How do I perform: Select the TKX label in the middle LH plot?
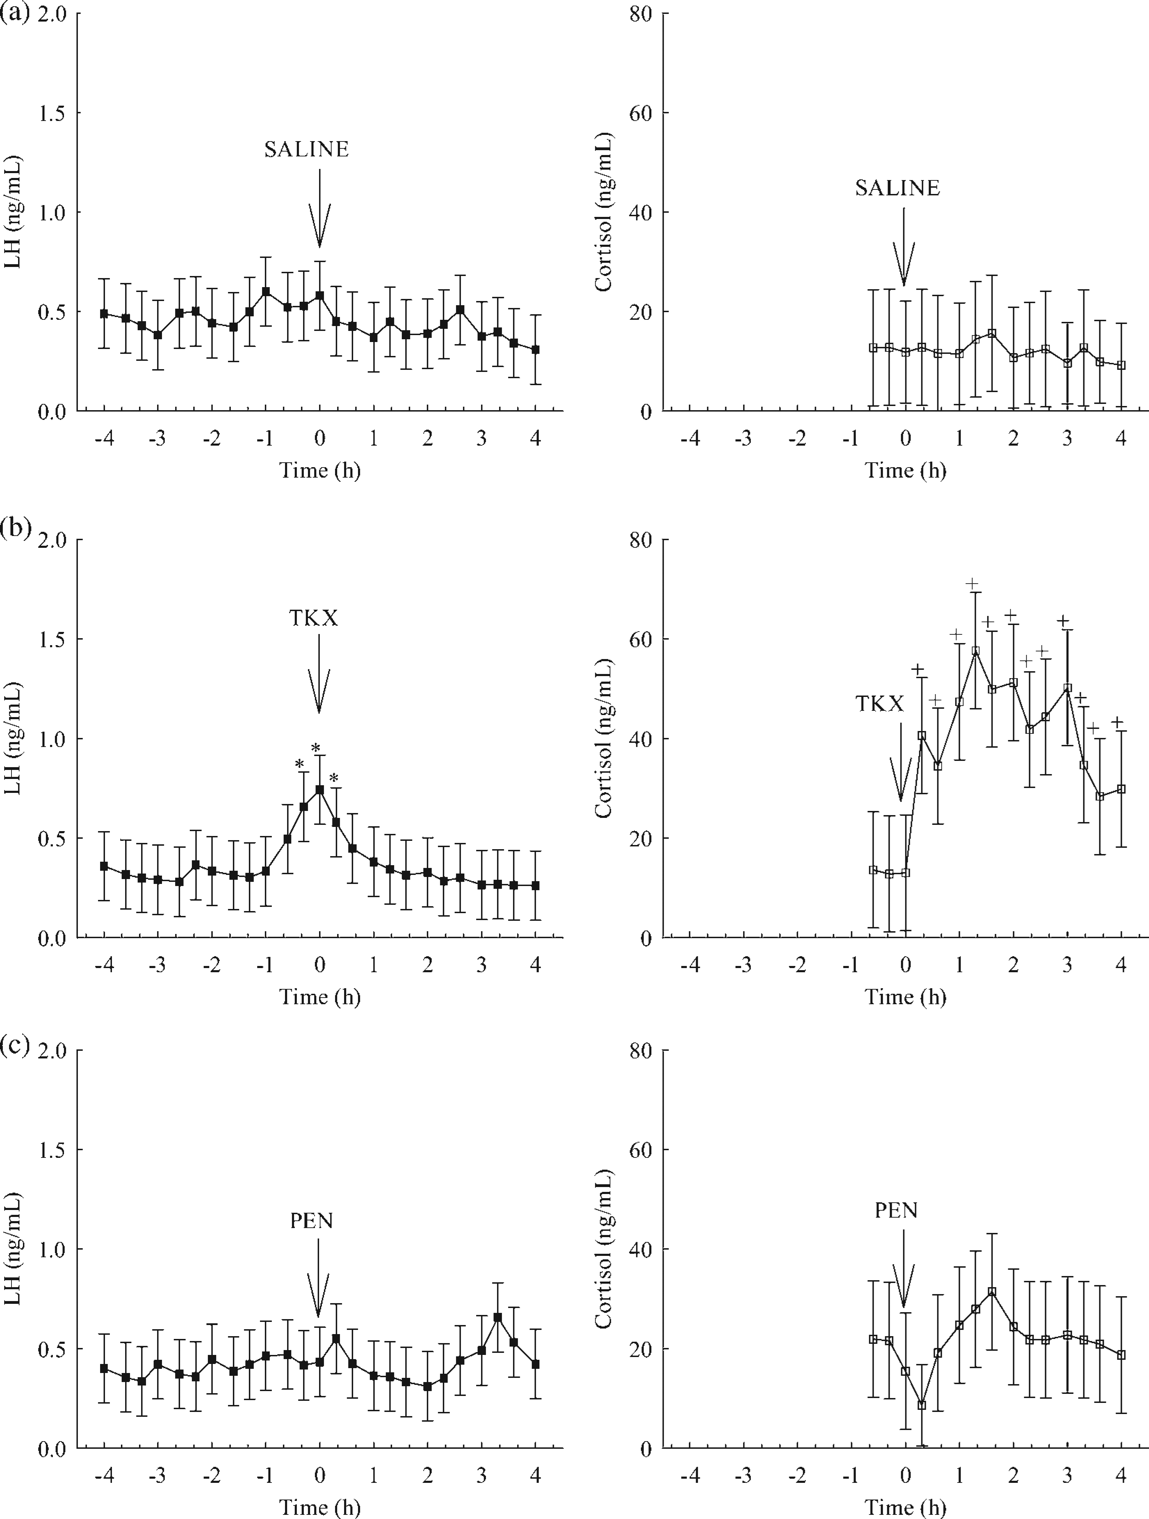[x=313, y=618]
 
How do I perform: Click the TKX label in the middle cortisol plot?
[x=880, y=704]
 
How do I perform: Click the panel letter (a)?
[x=15, y=14]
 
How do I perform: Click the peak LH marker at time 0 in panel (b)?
[x=319, y=789]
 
